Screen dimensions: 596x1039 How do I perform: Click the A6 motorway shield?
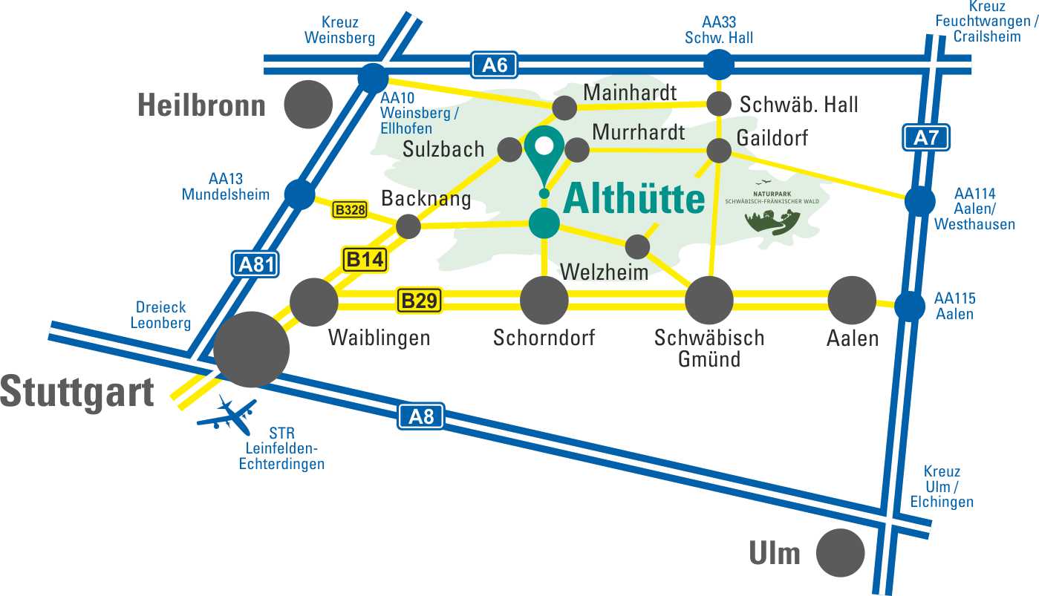[494, 65]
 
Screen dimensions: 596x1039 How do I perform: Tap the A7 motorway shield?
[926, 138]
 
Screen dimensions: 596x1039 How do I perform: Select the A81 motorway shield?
[255, 263]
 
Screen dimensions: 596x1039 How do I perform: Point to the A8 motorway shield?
[421, 416]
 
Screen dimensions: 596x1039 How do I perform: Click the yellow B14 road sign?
[364, 260]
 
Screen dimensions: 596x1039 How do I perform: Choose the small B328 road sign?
[350, 210]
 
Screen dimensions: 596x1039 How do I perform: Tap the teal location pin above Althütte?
[544, 153]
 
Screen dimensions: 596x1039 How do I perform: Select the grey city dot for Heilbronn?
[308, 104]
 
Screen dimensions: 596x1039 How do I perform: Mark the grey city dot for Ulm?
[840, 552]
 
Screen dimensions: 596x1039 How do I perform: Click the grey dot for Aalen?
[852, 301]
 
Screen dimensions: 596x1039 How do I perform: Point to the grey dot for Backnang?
[408, 226]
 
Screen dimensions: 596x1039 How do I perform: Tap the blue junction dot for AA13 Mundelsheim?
[299, 194]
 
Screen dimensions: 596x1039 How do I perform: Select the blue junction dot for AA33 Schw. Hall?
[718, 65]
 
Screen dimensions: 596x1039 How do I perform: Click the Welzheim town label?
[604, 272]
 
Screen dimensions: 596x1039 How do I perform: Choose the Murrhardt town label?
[639, 132]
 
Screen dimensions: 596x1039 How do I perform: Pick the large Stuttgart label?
[77, 391]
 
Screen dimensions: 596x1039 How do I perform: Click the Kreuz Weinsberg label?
[340, 30]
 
